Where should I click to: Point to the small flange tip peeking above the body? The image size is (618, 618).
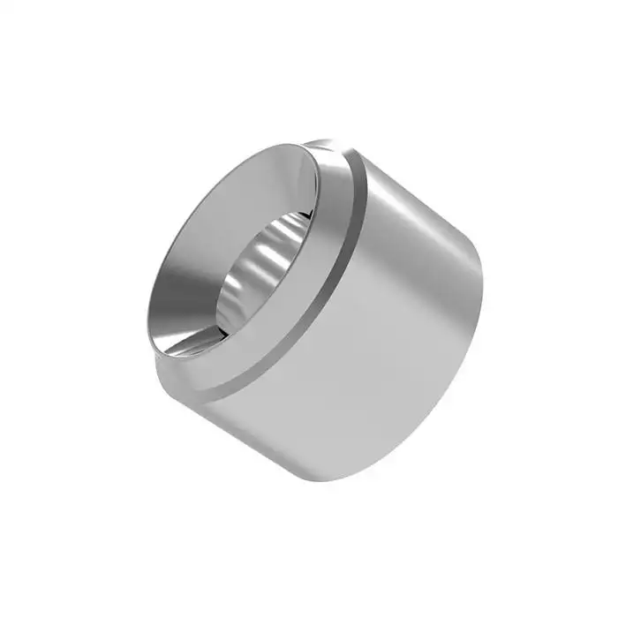322,141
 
